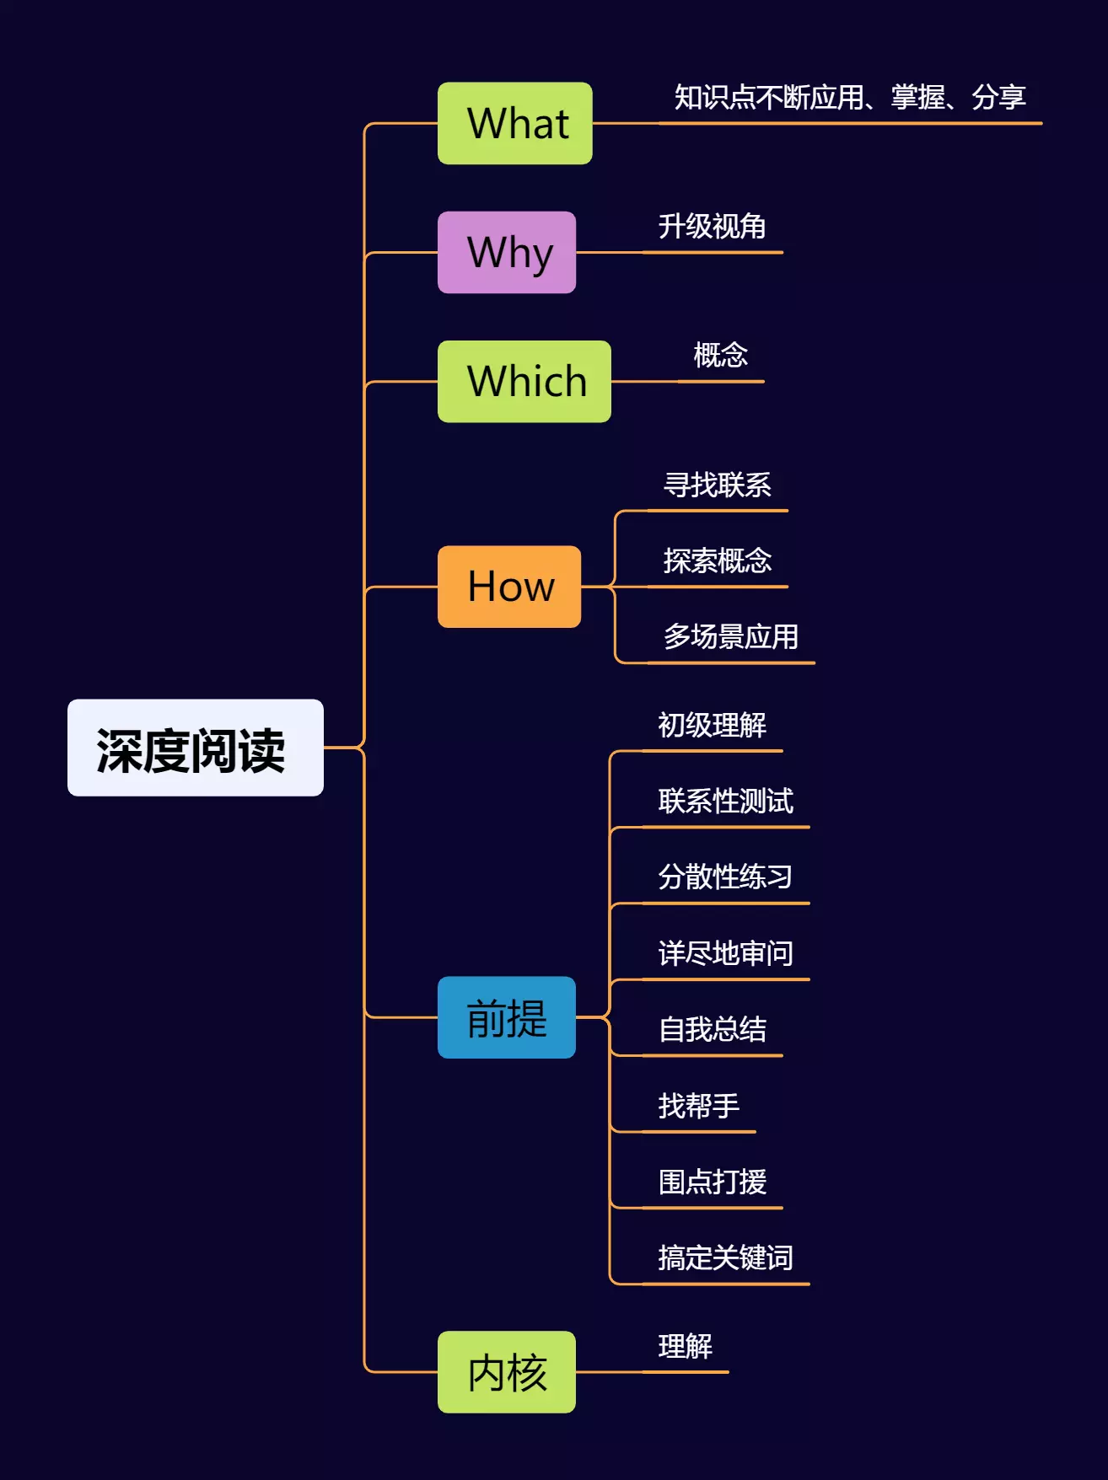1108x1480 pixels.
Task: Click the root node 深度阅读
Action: [195, 748]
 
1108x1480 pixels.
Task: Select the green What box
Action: [514, 123]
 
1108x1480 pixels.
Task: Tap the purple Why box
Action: [507, 252]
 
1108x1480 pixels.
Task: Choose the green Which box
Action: [524, 381]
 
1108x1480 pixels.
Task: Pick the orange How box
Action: [509, 587]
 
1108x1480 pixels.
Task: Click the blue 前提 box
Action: [507, 1017]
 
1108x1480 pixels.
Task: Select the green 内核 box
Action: [507, 1372]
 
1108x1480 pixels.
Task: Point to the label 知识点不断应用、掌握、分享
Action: [849, 98]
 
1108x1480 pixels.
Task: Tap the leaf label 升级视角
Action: [712, 227]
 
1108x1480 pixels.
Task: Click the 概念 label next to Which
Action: [720, 356]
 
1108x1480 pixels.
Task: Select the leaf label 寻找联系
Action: [717, 485]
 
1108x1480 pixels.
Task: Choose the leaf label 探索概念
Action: [717, 561]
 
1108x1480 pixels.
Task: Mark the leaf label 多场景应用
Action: [730, 637]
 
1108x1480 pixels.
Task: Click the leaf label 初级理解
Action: [712, 726]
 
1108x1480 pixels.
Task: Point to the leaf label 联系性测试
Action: [725, 802]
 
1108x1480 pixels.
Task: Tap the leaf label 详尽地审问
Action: [725, 954]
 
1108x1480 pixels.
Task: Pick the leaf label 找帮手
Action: [698, 1106]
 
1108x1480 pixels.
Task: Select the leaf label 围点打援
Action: [712, 1182]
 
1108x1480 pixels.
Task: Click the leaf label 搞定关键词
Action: [725, 1258]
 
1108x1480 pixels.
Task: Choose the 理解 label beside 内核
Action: [685, 1347]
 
